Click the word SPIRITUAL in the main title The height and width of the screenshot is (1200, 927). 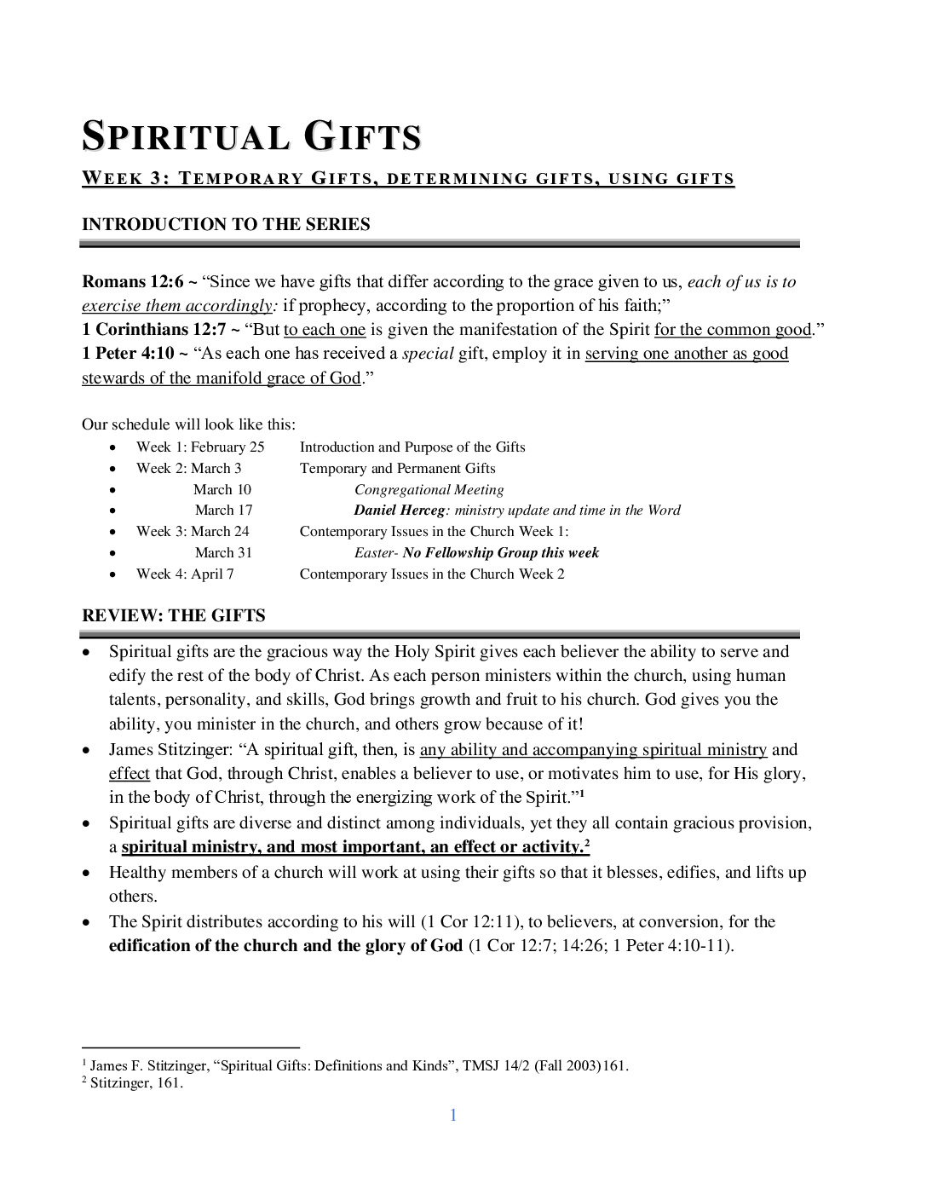[186, 138]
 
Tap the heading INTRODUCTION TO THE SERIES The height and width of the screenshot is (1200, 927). [226, 224]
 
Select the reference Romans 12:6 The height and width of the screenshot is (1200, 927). [132, 282]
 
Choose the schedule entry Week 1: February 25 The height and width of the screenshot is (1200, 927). [200, 447]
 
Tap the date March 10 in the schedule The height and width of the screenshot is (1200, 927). [222, 490]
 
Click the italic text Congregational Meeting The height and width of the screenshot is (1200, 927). [429, 490]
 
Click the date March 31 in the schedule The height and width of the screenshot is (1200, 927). [223, 553]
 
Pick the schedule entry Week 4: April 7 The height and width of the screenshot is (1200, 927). [185, 574]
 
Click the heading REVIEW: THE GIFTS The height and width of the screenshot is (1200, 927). [174, 615]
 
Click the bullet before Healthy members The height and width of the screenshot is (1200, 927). [87, 874]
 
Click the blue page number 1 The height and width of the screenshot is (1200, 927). [453, 1116]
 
